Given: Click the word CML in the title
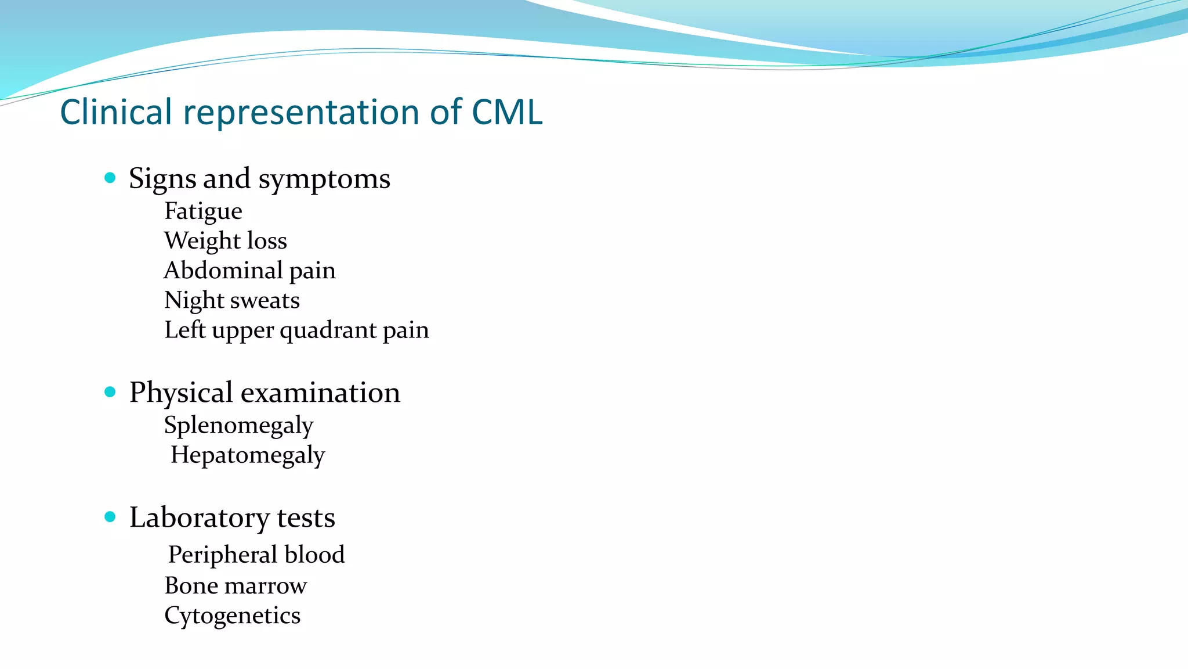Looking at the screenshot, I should (507, 111).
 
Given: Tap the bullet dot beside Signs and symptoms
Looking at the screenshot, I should (110, 178).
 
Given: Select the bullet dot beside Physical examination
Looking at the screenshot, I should (110, 392).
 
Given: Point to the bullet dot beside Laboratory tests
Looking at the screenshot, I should (110, 517).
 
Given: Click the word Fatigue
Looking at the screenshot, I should (203, 211).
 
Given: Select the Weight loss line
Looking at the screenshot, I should (225, 240).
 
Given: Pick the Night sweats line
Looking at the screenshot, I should (231, 300).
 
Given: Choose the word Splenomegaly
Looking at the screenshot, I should (238, 426).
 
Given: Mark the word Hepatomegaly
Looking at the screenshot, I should (248, 455).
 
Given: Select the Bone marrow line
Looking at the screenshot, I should (235, 585).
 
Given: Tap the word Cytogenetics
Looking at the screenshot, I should (232, 616).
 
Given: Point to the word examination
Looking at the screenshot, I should (320, 393).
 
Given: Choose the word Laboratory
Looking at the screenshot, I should (199, 517).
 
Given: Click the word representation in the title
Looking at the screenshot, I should (302, 111).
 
